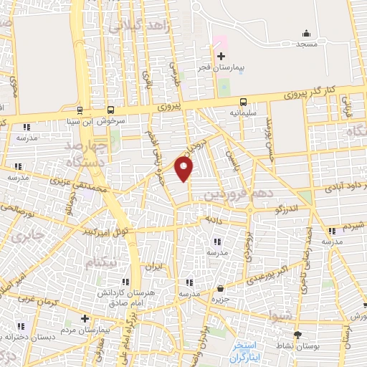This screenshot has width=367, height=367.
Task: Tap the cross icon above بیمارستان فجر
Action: click(x=221, y=56)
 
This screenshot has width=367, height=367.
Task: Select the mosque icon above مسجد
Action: click(x=307, y=33)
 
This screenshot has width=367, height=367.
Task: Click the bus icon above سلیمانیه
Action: click(x=243, y=101)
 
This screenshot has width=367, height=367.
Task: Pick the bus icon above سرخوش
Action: click(x=110, y=110)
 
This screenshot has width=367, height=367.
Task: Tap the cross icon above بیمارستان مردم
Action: click(x=85, y=318)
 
